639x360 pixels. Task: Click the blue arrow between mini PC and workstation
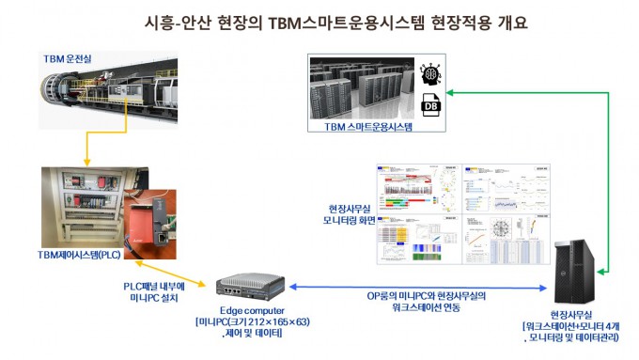click(x=413, y=288)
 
